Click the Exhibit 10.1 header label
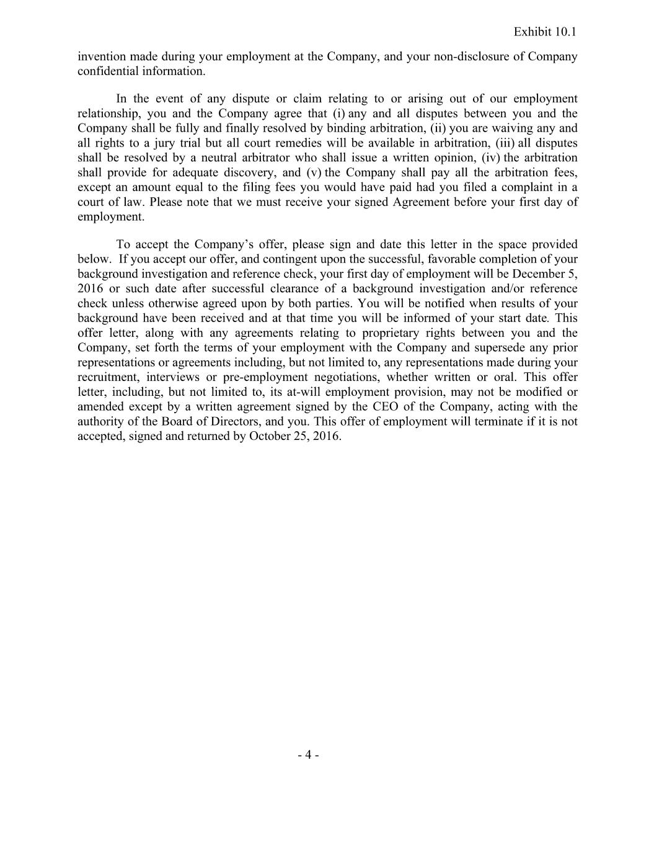pyautogui.click(x=545, y=32)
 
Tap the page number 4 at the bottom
pyautogui.click(x=308, y=755)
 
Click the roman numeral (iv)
pyautogui.click(x=490, y=158)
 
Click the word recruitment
pyautogui.click(x=108, y=377)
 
